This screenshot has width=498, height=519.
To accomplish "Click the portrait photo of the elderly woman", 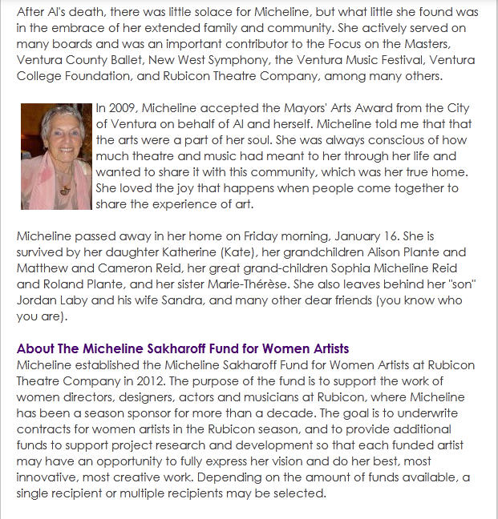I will click(x=56, y=155).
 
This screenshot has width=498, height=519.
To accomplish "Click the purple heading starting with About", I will click(x=183, y=349).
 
